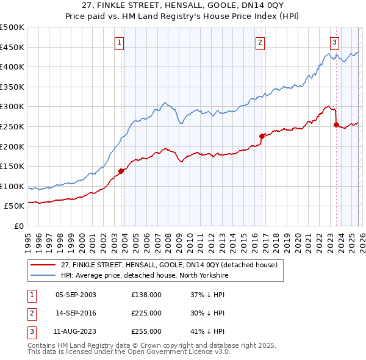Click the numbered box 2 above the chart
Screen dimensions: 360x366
pos(260,42)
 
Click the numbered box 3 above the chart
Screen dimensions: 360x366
pos(335,42)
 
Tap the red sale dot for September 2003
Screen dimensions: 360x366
pos(121,171)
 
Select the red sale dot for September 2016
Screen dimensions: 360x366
pos(262,136)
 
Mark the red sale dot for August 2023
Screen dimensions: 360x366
pos(336,124)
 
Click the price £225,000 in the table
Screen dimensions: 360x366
pos(146,313)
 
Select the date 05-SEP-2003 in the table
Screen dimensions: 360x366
pos(76,295)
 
